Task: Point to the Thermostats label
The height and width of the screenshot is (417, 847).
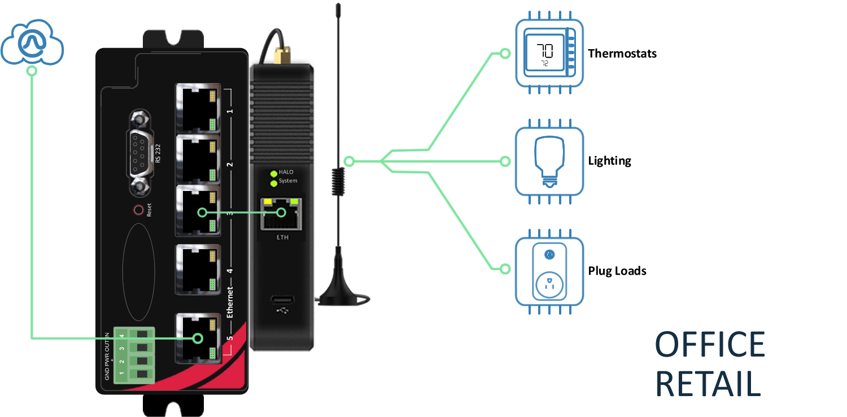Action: pyautogui.click(x=622, y=54)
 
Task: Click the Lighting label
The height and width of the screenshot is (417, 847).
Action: pyautogui.click(x=610, y=161)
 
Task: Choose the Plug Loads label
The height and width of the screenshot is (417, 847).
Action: pyautogui.click(x=617, y=271)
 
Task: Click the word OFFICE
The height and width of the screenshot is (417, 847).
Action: pyautogui.click(x=710, y=344)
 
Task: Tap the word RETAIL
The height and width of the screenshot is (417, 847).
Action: pyautogui.click(x=708, y=384)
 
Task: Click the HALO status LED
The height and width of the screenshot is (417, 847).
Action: pyautogui.click(x=274, y=173)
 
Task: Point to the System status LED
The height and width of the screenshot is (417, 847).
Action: pyautogui.click(x=274, y=182)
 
